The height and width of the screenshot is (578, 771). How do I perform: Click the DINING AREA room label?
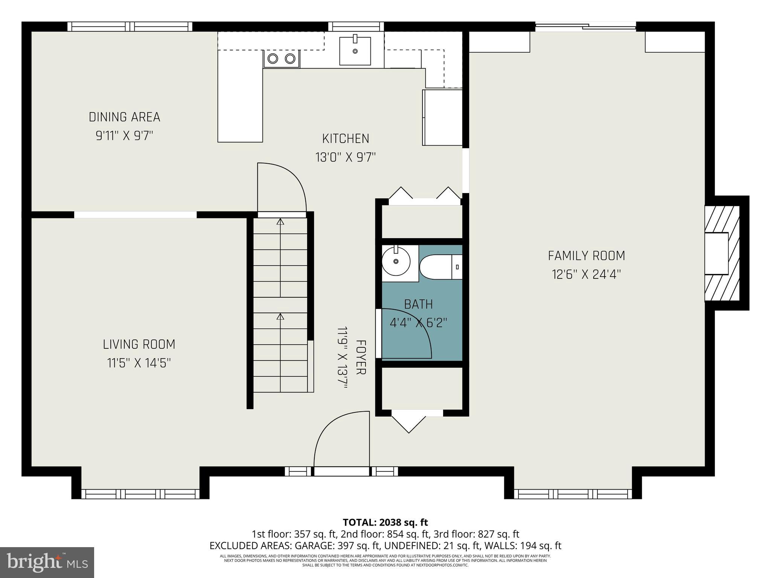(x=124, y=117)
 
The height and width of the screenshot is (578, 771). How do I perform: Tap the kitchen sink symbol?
(x=355, y=51)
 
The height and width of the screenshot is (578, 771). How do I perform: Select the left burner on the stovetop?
(x=273, y=59)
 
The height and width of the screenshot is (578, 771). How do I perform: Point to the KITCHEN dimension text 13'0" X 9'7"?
(x=346, y=157)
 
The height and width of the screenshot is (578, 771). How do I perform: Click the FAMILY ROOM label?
(x=586, y=256)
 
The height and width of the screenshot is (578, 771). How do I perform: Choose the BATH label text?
(x=418, y=304)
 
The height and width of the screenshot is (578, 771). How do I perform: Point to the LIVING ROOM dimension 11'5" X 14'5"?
(x=139, y=363)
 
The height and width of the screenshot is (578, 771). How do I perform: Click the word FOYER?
(x=361, y=357)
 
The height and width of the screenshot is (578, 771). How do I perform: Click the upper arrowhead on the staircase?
(x=280, y=222)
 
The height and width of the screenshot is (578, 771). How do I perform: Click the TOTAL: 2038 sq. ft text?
(x=385, y=522)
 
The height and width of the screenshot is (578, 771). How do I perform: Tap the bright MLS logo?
(x=47, y=563)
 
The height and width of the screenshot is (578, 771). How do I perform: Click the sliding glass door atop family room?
(x=585, y=26)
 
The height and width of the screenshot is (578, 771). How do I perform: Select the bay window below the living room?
(x=140, y=494)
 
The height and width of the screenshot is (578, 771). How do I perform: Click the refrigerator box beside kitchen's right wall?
(x=442, y=117)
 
